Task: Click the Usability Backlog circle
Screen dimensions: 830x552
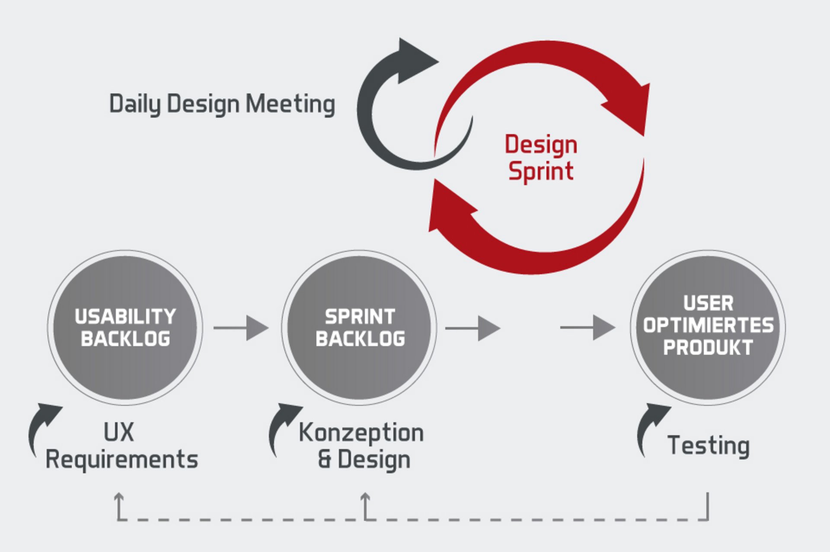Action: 125,327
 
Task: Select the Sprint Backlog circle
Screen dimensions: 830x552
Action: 359,327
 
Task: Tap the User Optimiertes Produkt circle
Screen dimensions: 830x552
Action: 708,327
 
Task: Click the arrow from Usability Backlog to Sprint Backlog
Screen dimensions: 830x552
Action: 241,327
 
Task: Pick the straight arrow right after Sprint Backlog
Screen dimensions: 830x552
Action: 472,328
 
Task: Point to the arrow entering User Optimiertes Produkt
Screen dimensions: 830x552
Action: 588,327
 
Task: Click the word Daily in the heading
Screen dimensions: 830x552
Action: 134,104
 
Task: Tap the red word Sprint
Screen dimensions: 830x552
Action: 541,171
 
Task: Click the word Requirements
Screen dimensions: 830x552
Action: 122,459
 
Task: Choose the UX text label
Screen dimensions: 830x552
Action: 119,432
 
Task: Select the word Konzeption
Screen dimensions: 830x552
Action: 361,433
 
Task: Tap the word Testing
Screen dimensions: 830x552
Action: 709,446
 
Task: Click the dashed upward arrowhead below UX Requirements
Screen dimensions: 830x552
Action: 119,498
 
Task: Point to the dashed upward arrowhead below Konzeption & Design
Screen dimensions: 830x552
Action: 366,498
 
